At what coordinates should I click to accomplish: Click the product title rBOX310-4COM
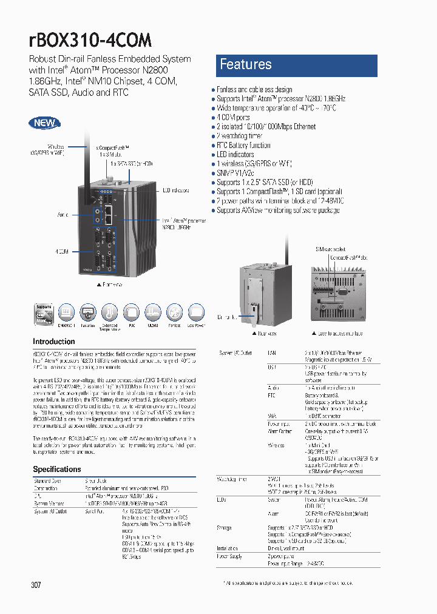tap(90, 40)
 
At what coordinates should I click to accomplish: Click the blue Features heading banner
tap(297, 65)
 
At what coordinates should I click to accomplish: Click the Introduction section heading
tap(54, 342)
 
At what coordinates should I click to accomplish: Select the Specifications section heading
tap(57, 469)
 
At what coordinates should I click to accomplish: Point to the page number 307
tap(36, 585)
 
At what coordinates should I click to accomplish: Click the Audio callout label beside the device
tap(63, 215)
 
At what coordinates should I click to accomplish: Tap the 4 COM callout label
tap(61, 251)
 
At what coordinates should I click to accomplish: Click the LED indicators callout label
tap(175, 190)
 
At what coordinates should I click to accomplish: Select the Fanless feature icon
tap(174, 313)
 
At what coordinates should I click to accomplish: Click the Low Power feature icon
tap(195, 313)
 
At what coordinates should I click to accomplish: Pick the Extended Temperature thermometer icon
tap(110, 313)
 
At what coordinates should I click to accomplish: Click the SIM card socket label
tap(330, 249)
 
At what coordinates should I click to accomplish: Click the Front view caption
tap(109, 284)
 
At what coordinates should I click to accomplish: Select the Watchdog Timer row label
tap(232, 479)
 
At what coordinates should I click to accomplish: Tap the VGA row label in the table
tap(271, 417)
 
